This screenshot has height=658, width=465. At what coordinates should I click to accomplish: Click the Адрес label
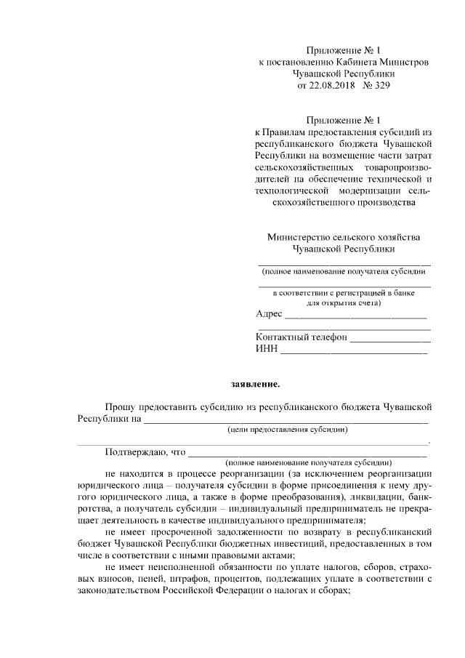point(269,314)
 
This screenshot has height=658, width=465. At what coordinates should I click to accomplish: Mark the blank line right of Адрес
point(355,317)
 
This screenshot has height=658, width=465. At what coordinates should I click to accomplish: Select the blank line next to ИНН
point(354,352)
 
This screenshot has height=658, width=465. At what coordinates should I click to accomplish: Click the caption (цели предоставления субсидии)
point(287,430)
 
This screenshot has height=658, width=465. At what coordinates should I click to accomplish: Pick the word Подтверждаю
point(135,452)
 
